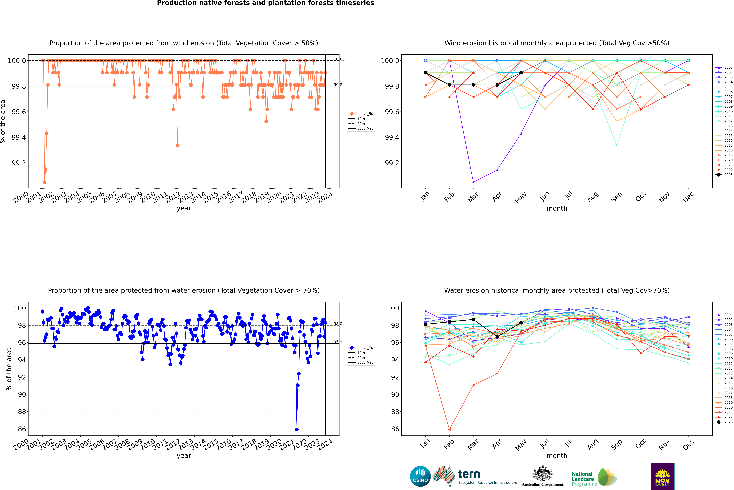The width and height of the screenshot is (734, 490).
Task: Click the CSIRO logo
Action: [x=420, y=476]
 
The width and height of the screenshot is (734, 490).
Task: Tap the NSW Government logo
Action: [x=662, y=476]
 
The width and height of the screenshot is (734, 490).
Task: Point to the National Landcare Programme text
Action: [x=583, y=479]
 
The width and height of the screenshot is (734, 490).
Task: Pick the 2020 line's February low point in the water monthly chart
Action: [x=449, y=429]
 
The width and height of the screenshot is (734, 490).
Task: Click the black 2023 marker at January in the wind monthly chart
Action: [x=426, y=73]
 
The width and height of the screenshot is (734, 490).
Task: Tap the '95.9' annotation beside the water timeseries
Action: [x=338, y=342]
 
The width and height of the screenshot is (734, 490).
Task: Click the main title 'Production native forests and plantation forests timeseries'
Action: [x=265, y=3]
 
